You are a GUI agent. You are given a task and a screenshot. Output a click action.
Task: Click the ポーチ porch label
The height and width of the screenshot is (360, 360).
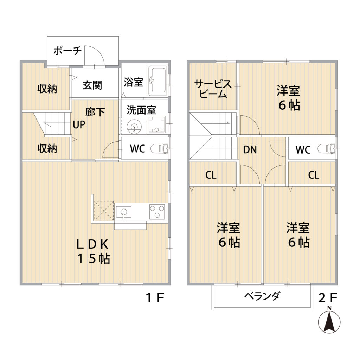[67, 51]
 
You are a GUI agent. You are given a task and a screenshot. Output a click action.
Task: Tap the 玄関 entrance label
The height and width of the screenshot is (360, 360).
[92, 85]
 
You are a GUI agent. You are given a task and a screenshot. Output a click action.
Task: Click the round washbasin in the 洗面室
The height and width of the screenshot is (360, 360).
[134, 127]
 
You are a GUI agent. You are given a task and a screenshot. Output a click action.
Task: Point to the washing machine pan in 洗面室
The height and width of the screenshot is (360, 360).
[157, 124]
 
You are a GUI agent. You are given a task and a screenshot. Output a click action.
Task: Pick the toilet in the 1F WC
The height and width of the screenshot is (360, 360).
[160, 149]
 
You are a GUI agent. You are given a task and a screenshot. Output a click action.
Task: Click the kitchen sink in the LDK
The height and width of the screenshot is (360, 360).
[123, 212]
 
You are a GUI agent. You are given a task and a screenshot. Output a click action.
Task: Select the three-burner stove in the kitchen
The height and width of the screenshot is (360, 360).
[157, 211]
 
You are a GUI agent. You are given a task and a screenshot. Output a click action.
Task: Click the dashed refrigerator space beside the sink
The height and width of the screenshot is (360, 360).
[104, 211]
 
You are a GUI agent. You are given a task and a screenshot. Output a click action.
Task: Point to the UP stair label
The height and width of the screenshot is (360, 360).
[79, 125]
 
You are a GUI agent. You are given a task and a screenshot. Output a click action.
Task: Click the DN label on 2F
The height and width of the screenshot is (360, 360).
[250, 150]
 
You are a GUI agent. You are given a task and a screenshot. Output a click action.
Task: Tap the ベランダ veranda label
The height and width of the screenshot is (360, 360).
[262, 296]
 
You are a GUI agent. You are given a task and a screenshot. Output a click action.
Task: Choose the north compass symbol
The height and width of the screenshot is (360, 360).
[329, 320]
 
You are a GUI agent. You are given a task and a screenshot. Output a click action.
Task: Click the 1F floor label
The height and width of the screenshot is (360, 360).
[155, 298]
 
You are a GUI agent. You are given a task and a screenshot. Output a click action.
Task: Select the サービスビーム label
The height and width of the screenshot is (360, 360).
[213, 89]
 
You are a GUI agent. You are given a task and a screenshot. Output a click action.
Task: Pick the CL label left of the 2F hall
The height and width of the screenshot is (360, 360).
[211, 175]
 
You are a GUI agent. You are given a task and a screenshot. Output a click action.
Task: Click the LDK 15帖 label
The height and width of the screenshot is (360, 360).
[93, 251]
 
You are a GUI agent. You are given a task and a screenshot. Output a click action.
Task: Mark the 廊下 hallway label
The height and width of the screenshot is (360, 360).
[95, 112]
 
